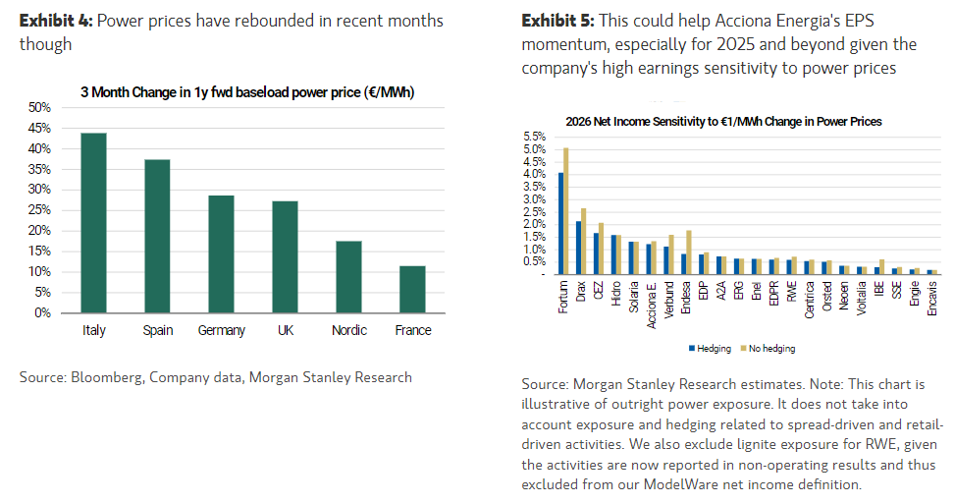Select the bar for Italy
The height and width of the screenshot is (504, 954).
coord(94,223)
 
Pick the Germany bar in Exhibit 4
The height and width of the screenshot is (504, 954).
coord(222,254)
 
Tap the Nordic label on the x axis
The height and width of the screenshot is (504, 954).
coord(348,330)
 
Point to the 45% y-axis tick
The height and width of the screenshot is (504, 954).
coord(40,128)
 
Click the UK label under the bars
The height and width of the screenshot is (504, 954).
coord(286,330)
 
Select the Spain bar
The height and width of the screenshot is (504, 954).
coord(157,236)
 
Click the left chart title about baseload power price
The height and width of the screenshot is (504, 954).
coord(246,92)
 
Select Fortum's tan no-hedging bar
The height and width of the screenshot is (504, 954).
coord(566,211)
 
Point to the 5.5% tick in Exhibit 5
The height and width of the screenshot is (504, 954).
coord(533,136)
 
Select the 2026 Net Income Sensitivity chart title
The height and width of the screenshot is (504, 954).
coord(723,121)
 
